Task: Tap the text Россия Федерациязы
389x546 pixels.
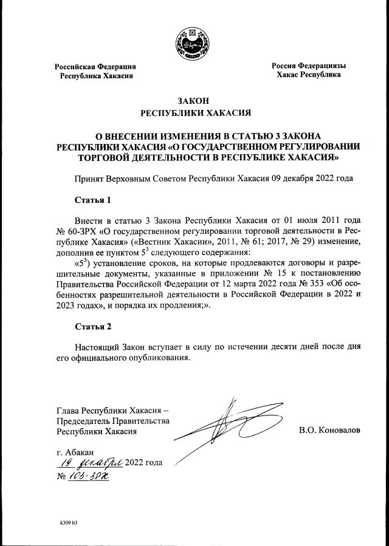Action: pyautogui.click(x=308, y=65)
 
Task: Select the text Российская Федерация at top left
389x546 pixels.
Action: pyautogui.click(x=95, y=66)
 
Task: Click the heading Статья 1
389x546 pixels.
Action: pyautogui.click(x=93, y=199)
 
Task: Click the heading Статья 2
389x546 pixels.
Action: pyautogui.click(x=93, y=327)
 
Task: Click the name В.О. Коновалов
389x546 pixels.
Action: pyautogui.click(x=329, y=430)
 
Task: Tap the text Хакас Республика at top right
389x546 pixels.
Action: pyautogui.click(x=308, y=75)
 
